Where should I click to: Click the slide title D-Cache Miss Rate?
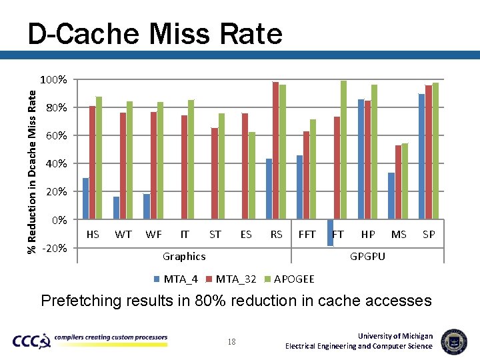tap(155, 33)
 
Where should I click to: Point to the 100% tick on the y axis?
tap(53, 80)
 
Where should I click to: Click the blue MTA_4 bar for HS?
tap(85, 199)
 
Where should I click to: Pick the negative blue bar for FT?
tap(330, 233)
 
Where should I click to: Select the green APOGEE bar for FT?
tap(343, 150)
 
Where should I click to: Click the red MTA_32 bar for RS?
tap(275, 151)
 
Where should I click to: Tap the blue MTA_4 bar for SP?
tap(421, 157)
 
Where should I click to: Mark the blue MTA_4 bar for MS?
tap(391, 196)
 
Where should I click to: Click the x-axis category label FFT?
tap(307, 234)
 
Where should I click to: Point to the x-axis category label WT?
tap(123, 234)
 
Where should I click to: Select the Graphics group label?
tap(184, 256)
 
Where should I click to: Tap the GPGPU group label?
tap(367, 256)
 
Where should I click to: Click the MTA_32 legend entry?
tap(231, 278)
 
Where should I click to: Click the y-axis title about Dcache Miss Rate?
tap(31, 171)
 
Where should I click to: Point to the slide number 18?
tap(232, 341)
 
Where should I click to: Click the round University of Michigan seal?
tap(454, 341)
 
